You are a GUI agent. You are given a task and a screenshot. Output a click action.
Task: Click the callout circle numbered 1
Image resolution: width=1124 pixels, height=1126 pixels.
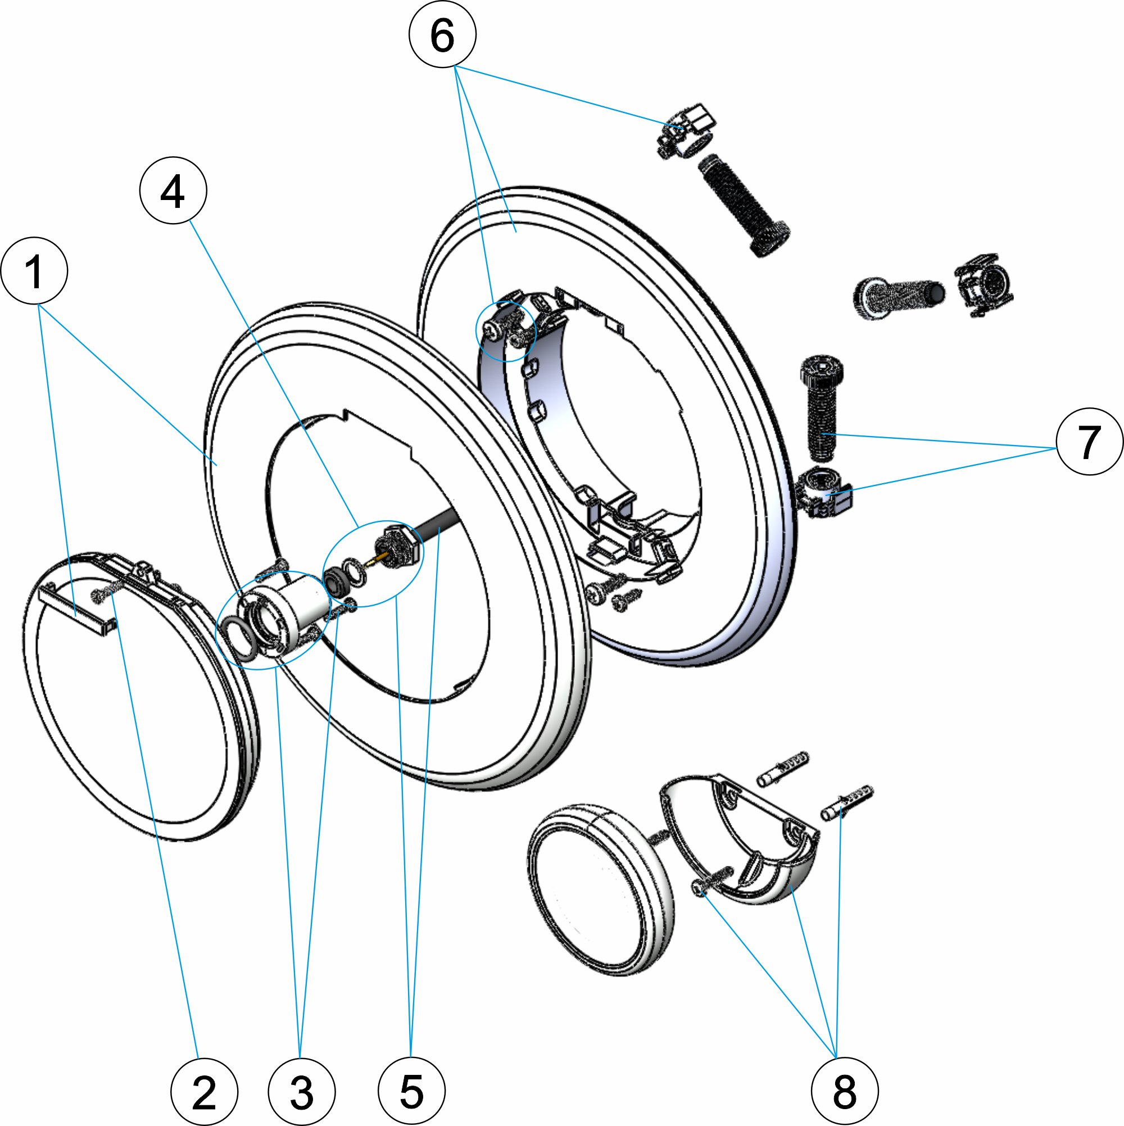(34, 270)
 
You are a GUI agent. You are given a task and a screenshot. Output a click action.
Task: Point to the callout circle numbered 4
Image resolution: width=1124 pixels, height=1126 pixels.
(173, 191)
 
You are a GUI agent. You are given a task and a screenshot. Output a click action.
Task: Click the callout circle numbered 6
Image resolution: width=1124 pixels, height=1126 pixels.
(442, 34)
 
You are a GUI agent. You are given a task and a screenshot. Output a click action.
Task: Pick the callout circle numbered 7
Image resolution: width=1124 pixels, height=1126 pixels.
(1089, 441)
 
